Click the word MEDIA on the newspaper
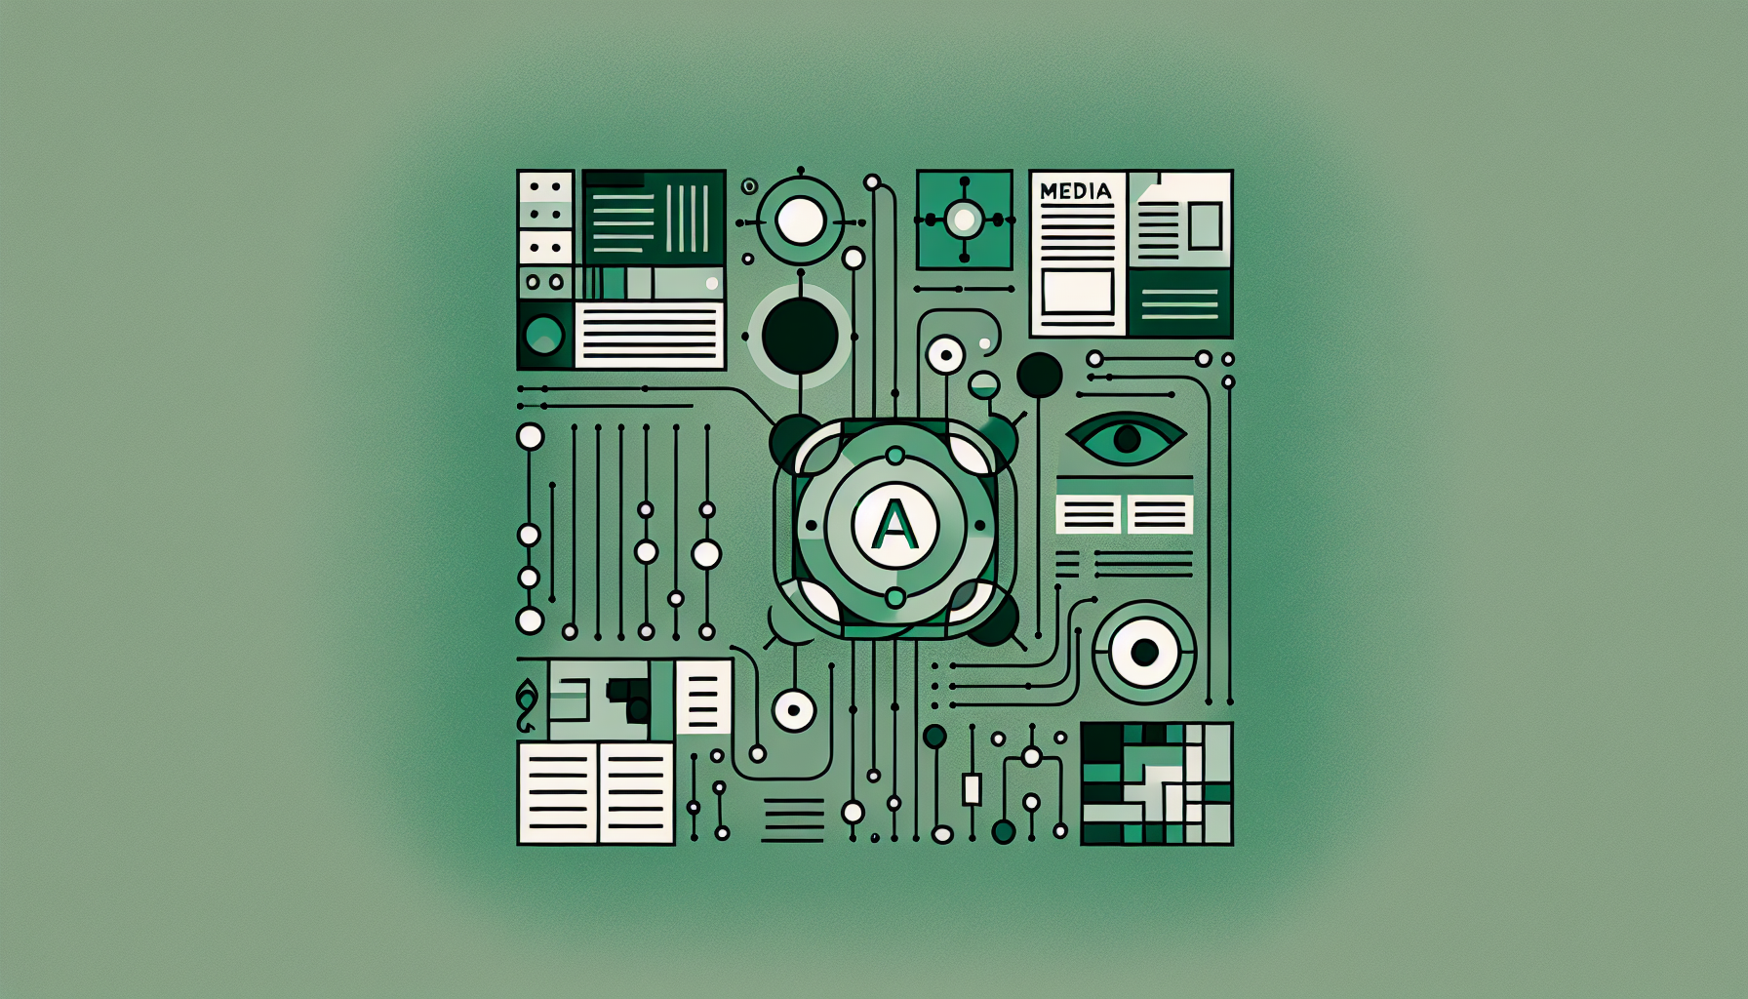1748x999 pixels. click(1076, 191)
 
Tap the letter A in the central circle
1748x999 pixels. click(894, 525)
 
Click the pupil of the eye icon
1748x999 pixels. click(1127, 439)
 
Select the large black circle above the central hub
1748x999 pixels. click(800, 336)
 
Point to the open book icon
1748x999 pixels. click(596, 793)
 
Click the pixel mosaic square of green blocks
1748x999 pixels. click(1157, 783)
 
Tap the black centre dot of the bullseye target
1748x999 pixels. click(1144, 652)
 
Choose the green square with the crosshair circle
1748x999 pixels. click(965, 220)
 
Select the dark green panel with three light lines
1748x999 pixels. click(1179, 303)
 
